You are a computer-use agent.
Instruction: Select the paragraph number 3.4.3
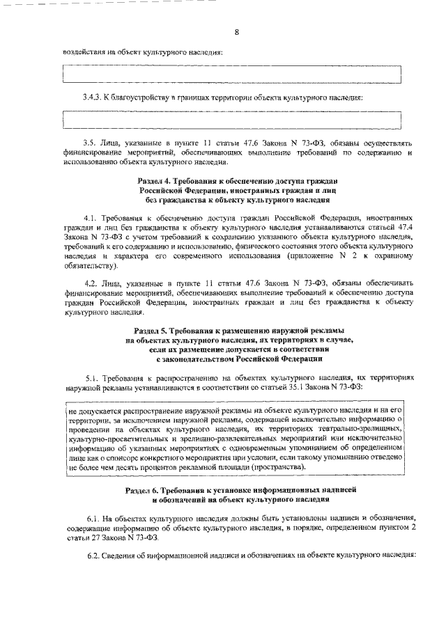91,96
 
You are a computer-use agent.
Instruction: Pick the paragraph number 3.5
89,141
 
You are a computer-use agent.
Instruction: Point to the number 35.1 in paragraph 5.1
341,384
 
